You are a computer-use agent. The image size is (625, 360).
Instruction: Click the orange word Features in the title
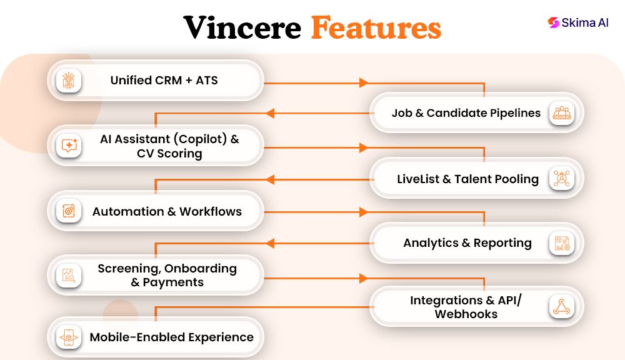tap(376, 27)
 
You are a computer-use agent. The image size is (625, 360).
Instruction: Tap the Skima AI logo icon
tap(553, 22)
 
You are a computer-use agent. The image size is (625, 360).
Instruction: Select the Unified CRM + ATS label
tap(164, 80)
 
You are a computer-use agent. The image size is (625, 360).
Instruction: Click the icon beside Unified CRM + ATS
tap(69, 81)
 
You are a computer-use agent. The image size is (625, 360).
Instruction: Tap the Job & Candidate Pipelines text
tap(466, 113)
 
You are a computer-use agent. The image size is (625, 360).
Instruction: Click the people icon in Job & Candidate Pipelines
tap(561, 113)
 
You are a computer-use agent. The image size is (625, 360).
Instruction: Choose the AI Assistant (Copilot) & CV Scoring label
tap(169, 146)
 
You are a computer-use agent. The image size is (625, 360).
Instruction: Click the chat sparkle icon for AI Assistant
tap(69, 146)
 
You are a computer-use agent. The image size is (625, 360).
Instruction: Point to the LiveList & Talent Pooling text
tap(467, 179)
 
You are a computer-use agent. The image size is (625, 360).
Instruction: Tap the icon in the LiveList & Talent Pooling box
tap(561, 179)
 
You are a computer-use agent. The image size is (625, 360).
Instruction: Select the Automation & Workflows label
tap(167, 211)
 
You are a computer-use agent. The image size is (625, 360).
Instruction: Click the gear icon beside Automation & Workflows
tap(69, 211)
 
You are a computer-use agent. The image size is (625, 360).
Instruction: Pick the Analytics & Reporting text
tap(467, 243)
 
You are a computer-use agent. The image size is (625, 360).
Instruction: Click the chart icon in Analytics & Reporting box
tap(561, 243)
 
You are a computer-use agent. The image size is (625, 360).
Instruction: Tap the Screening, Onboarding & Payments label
tap(167, 275)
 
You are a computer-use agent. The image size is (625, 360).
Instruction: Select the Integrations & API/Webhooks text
tap(466, 307)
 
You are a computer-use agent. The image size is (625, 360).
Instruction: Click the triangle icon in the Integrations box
tap(561, 307)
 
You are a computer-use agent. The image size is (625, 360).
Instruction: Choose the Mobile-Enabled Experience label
tap(171, 337)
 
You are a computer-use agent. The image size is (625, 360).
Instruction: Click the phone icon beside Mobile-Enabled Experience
tap(69, 337)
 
